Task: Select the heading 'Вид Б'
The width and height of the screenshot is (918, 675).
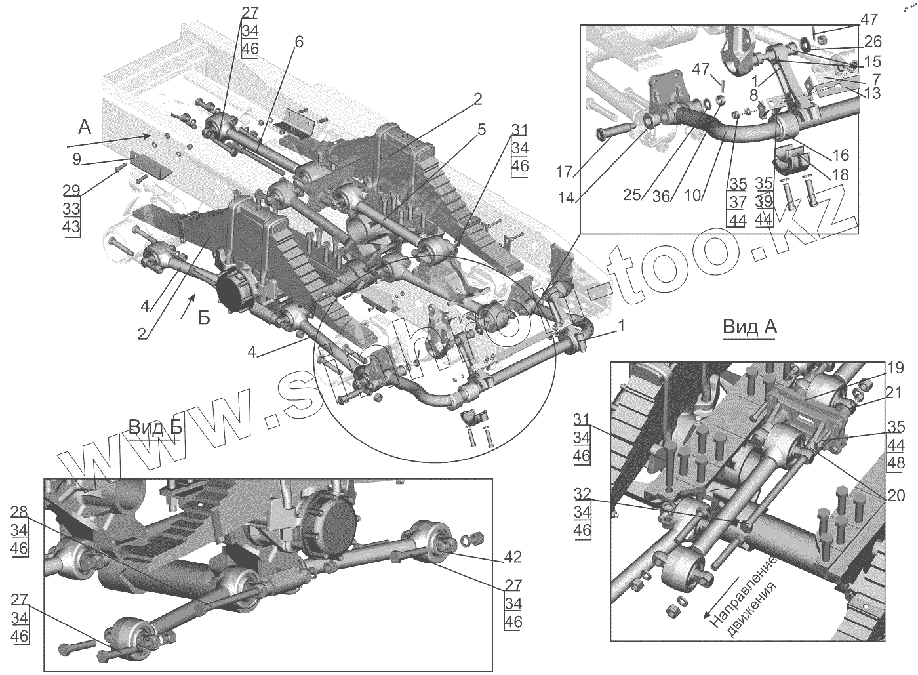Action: point(155,427)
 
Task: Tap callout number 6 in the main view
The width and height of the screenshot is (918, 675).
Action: point(298,42)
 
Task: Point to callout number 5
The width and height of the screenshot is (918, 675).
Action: point(481,129)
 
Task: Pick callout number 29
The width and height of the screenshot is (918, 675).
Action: point(71,191)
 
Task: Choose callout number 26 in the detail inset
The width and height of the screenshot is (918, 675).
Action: point(872,42)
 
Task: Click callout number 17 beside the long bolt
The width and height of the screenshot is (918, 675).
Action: point(563,172)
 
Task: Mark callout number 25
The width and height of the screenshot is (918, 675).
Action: point(631,195)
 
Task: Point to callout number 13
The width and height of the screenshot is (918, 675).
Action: point(872,93)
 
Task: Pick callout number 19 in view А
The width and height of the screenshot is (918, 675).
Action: point(895,367)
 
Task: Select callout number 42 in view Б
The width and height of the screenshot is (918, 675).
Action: point(513,557)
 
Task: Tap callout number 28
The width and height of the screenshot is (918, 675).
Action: point(20,512)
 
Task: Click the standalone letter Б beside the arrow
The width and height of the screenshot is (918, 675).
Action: point(204,318)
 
